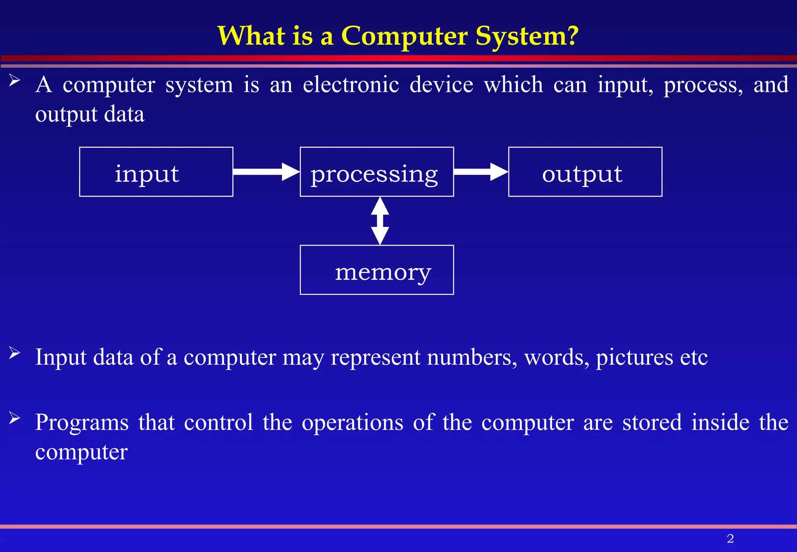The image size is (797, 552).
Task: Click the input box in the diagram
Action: click(156, 172)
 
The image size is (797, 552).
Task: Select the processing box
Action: click(376, 172)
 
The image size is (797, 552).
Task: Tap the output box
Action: click(585, 172)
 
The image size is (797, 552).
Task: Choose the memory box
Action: click(376, 270)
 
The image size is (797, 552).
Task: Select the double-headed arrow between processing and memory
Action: click(380, 221)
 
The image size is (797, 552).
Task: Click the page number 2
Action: click(730, 539)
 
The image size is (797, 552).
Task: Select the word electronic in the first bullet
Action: click(351, 84)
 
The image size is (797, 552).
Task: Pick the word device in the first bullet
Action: click(441, 84)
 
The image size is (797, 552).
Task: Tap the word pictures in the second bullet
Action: click(634, 357)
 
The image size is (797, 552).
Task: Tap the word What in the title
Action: click(251, 36)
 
